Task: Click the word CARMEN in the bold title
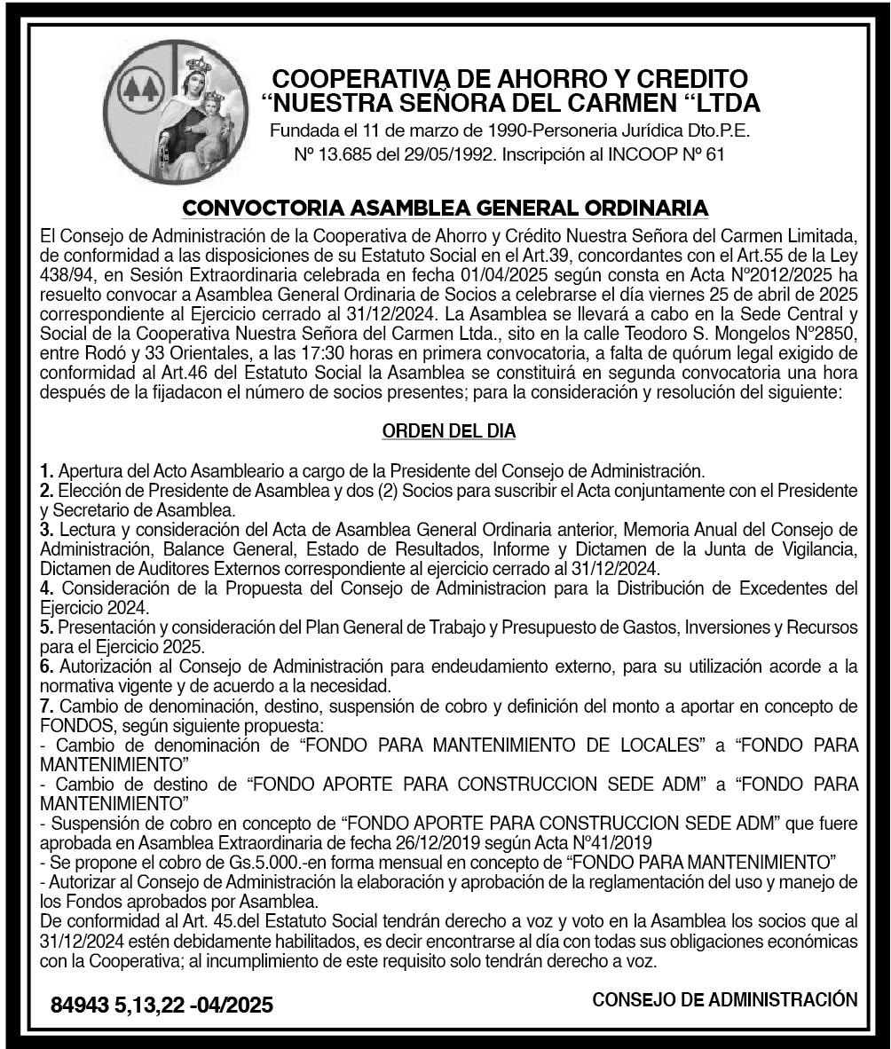point(634,103)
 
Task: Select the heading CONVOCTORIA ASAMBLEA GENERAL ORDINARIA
point(445,209)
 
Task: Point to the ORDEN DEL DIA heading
point(448,431)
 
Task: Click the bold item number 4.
point(47,588)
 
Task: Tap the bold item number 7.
point(47,706)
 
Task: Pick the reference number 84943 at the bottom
point(79,1006)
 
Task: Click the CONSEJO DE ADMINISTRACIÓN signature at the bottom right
point(724,999)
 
